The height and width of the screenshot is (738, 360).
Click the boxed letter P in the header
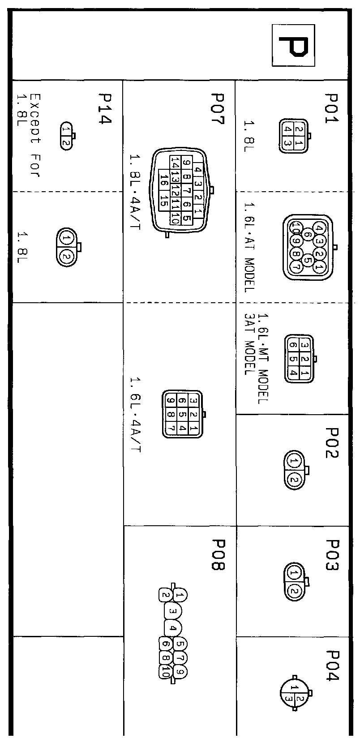click(x=294, y=46)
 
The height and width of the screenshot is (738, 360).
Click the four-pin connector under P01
click(x=294, y=136)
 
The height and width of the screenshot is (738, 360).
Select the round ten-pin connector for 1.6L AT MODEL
click(x=308, y=247)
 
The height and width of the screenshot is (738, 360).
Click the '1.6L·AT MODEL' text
click(x=249, y=247)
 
